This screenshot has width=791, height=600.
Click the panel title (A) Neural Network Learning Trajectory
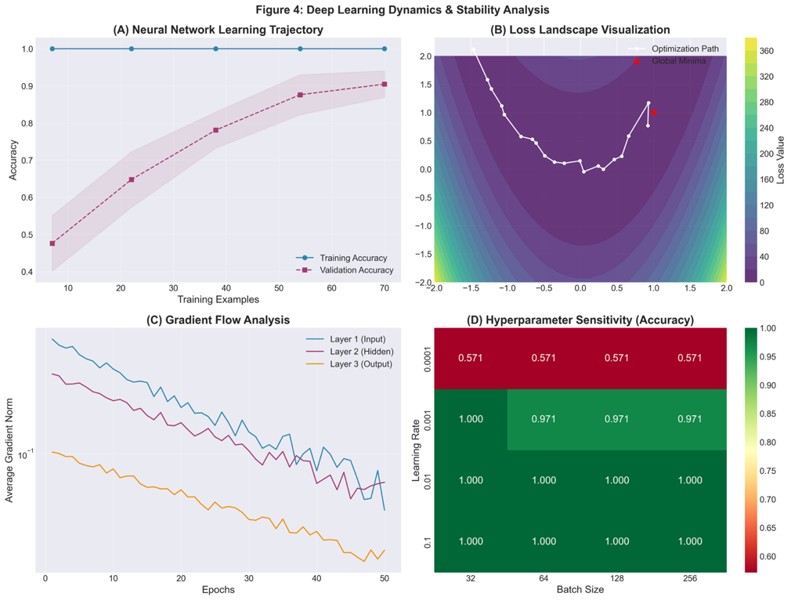(x=218, y=30)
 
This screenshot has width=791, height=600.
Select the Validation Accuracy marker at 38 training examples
(x=215, y=130)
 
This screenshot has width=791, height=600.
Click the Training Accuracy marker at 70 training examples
(x=385, y=49)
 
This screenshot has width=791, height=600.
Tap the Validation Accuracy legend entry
(x=356, y=270)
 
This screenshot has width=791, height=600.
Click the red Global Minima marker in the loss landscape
(x=653, y=113)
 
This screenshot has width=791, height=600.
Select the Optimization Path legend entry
(x=684, y=49)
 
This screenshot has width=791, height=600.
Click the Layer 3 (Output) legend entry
(x=361, y=363)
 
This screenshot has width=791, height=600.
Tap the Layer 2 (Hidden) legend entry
(x=361, y=351)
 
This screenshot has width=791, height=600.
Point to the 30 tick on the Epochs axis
(x=248, y=578)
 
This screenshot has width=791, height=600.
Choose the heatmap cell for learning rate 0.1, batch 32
(x=471, y=541)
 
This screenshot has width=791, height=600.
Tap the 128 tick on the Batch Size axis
(x=617, y=578)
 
